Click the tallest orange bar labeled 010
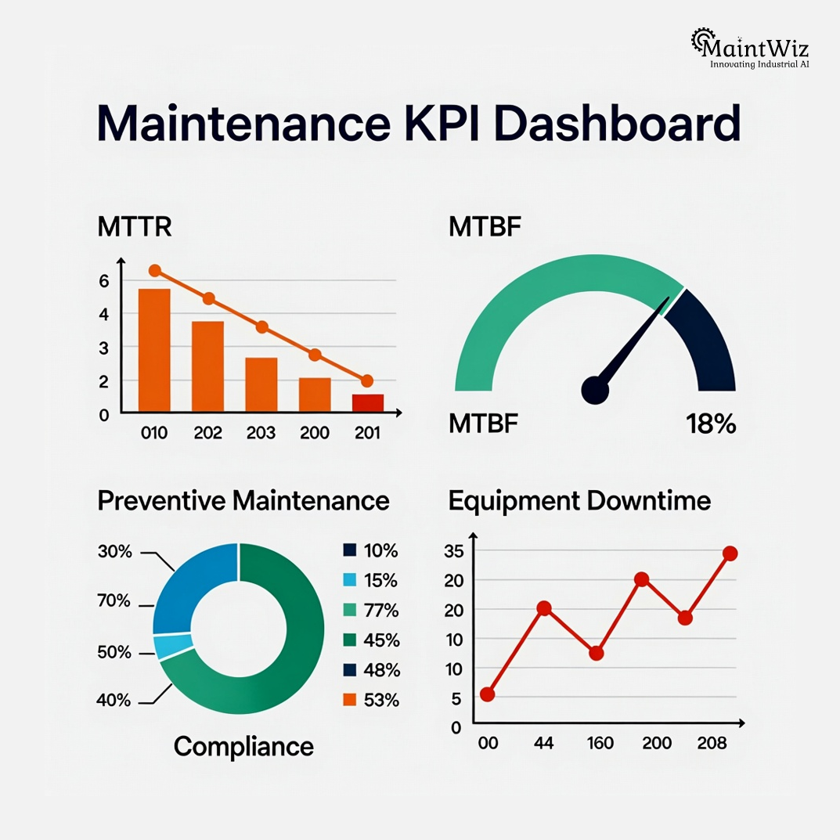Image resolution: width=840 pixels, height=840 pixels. (x=154, y=350)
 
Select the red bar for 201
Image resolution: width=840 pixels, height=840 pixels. (x=367, y=402)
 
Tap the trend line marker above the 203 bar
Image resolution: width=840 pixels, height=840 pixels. (x=261, y=327)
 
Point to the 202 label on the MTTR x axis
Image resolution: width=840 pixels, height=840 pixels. (x=208, y=432)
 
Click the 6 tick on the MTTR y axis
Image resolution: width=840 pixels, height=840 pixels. (x=104, y=280)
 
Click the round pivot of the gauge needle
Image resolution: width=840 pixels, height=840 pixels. (x=595, y=389)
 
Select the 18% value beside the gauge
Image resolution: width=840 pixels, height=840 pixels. (x=711, y=424)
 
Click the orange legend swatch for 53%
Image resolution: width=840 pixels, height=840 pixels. (x=350, y=700)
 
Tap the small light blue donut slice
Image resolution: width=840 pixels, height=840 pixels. (x=164, y=647)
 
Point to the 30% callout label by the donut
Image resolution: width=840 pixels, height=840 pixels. (x=114, y=551)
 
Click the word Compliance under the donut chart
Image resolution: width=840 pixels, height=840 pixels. (x=243, y=746)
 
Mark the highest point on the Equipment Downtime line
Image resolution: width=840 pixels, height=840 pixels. (x=730, y=553)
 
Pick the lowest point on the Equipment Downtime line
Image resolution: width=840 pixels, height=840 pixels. (x=488, y=694)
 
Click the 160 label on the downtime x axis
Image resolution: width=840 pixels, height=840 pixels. (x=600, y=743)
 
